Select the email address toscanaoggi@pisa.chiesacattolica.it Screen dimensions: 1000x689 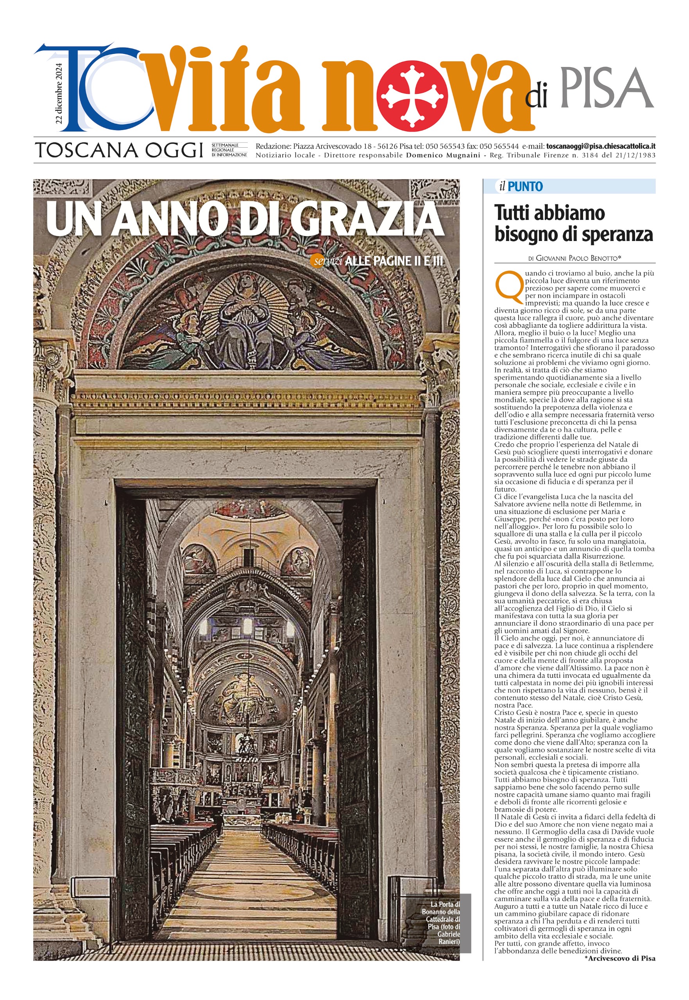click(601, 146)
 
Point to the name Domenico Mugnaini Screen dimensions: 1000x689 click(443, 155)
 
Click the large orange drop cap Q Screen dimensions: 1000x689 click(508, 286)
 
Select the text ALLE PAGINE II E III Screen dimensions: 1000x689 click(394, 261)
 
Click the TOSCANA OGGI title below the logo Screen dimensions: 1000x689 click(119, 150)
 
